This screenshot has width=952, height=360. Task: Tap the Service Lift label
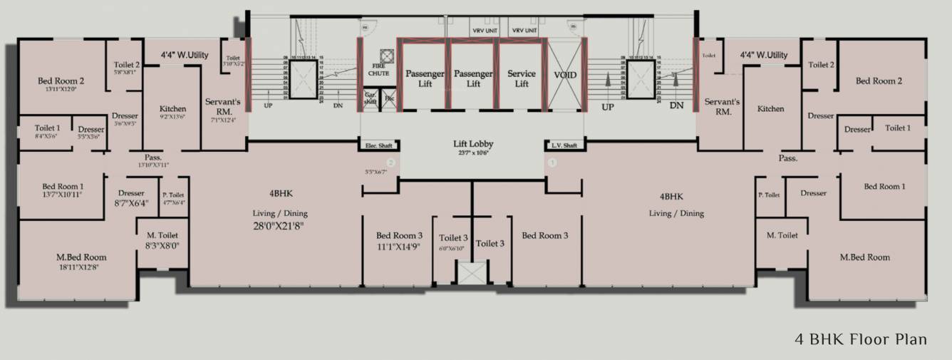click(x=522, y=78)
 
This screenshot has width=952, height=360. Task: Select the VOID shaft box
click(x=565, y=76)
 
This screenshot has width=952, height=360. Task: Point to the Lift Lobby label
click(x=473, y=144)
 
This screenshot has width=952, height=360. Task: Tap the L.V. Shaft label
click(x=563, y=146)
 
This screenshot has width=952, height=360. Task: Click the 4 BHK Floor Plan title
click(x=860, y=339)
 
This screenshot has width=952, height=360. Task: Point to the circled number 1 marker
click(x=552, y=163)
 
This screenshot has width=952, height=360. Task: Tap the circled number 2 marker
click(x=390, y=163)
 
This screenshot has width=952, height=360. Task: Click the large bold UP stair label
click(x=607, y=107)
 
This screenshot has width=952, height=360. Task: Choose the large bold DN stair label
click(x=676, y=106)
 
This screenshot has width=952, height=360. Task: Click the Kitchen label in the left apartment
click(x=172, y=109)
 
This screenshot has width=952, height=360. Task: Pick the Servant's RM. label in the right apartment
click(x=719, y=107)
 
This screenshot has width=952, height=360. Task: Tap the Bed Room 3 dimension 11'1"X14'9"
click(x=398, y=247)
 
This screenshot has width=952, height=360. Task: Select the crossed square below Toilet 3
click(x=471, y=274)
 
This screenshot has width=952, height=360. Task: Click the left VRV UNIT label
click(x=485, y=31)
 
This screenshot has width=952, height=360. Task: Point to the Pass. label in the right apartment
click(x=787, y=158)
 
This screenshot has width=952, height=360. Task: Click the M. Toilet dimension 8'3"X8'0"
click(x=162, y=246)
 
